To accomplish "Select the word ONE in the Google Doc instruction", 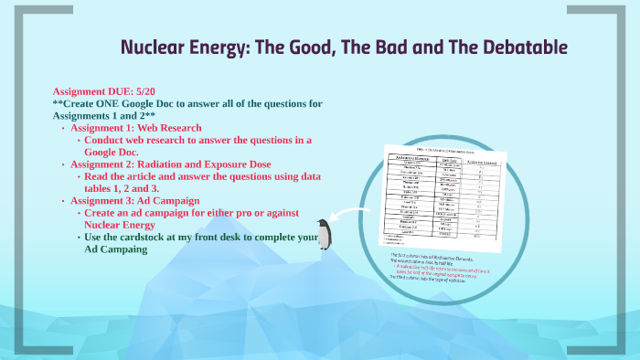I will tap(114, 104).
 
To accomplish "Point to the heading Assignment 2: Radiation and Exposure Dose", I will tap(177, 164).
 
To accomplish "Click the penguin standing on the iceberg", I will tap(323, 235).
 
